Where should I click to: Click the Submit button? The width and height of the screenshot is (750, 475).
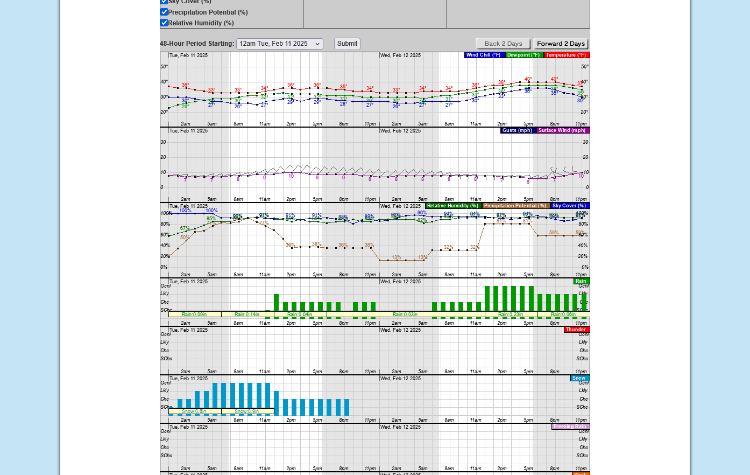click(347, 44)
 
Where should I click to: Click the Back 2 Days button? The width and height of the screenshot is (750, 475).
click(503, 44)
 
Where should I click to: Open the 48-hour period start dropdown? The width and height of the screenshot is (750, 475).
click(279, 44)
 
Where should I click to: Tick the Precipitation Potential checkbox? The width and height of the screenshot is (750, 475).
click(164, 12)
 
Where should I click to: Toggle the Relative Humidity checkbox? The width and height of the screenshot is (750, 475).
click(164, 23)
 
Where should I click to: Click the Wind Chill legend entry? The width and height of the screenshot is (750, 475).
click(484, 55)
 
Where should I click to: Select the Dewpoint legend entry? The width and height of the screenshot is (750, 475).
click(523, 55)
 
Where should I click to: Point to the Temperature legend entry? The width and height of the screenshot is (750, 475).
click(566, 55)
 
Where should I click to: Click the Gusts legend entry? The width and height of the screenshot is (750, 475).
click(518, 130)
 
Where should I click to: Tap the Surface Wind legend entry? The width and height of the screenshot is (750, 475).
click(562, 130)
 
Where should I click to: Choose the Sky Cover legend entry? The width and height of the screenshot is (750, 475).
click(569, 206)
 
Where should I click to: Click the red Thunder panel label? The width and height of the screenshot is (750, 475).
click(576, 330)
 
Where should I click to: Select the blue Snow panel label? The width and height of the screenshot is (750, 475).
click(579, 378)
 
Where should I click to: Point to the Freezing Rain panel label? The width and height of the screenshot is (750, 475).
click(570, 427)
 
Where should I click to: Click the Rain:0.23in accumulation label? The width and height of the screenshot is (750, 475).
click(511, 315)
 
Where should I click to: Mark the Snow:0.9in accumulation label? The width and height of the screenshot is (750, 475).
click(247, 411)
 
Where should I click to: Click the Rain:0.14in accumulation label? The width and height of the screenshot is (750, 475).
click(247, 315)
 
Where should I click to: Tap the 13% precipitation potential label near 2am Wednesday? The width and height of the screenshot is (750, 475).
click(397, 257)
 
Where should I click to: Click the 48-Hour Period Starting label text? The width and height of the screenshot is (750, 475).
click(197, 44)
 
